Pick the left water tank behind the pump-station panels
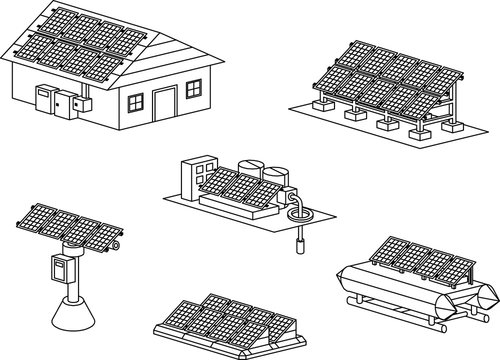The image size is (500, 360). click(x=251, y=170)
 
